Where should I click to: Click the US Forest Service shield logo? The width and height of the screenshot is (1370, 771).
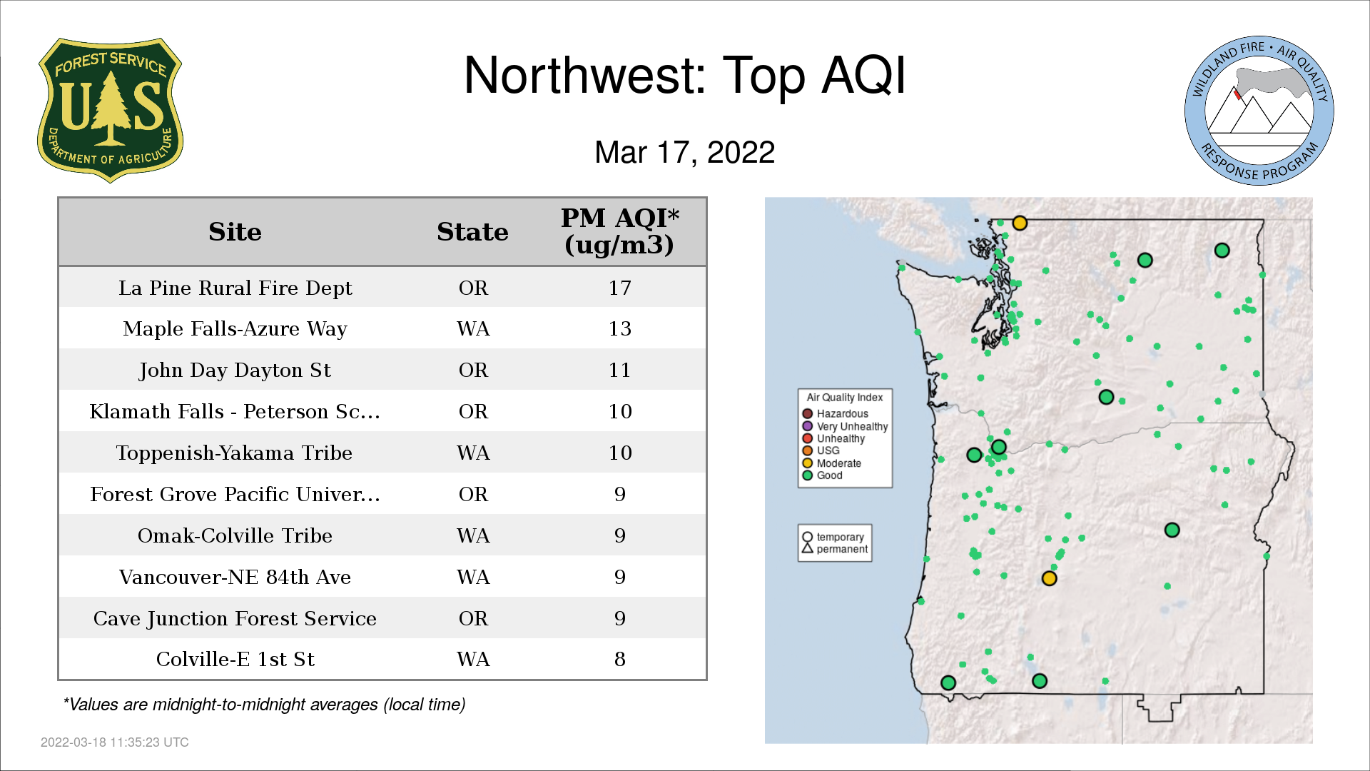pyautogui.click(x=110, y=110)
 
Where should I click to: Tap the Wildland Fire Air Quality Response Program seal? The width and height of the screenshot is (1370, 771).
pyautogui.click(x=1259, y=111)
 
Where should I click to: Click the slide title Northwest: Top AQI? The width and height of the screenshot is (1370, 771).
pyautogui.click(x=685, y=75)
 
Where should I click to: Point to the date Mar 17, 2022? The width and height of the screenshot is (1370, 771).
pyautogui.click(x=685, y=152)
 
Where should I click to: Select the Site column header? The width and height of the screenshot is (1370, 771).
pyautogui.click(x=235, y=232)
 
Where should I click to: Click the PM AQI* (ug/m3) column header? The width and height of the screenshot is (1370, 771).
pyautogui.click(x=619, y=231)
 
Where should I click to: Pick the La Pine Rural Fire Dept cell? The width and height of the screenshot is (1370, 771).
pyautogui.click(x=235, y=288)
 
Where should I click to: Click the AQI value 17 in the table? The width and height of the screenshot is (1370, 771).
pyautogui.click(x=619, y=288)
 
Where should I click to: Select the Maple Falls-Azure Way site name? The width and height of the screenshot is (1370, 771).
pyautogui.click(x=235, y=328)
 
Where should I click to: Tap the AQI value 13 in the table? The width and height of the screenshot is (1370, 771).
pyautogui.click(x=619, y=328)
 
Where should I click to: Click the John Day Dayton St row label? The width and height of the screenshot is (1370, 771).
pyautogui.click(x=235, y=370)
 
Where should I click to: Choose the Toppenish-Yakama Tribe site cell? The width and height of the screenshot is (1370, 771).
pyautogui.click(x=234, y=453)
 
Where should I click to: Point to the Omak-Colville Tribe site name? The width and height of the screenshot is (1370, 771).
pyautogui.click(x=235, y=535)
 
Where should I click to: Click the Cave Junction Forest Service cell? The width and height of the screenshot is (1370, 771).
pyautogui.click(x=235, y=618)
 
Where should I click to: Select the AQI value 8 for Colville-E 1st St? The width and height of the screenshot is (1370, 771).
pyautogui.click(x=619, y=659)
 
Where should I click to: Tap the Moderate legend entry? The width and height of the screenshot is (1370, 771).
pyautogui.click(x=831, y=463)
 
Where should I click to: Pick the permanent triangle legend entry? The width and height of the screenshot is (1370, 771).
pyautogui.click(x=835, y=549)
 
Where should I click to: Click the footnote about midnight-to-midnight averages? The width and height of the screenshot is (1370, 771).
pyautogui.click(x=264, y=705)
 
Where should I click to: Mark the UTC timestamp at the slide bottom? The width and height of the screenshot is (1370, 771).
pyautogui.click(x=115, y=742)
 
